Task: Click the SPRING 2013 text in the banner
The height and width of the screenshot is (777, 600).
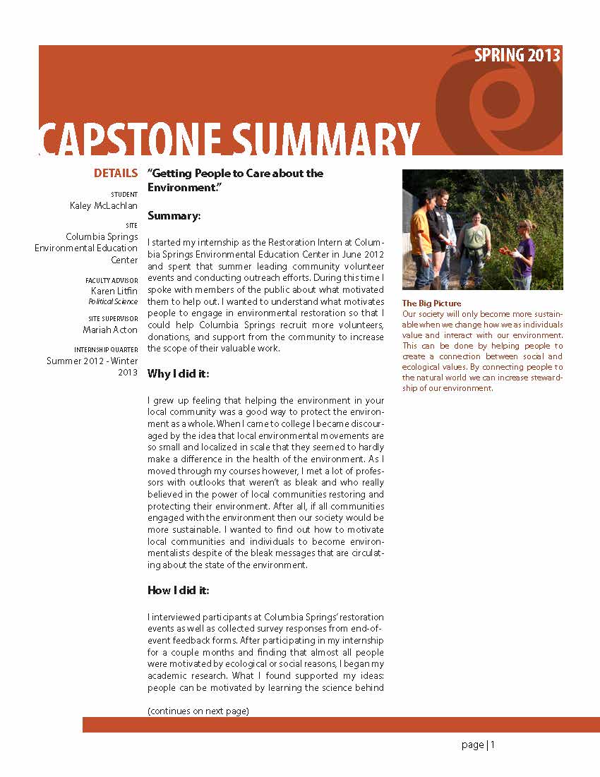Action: [517, 56]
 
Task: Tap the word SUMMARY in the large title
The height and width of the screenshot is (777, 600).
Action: [325, 139]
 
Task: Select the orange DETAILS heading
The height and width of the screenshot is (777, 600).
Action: [116, 174]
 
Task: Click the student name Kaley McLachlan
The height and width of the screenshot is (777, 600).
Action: [103, 205]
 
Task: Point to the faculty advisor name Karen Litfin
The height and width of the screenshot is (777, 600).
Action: [114, 291]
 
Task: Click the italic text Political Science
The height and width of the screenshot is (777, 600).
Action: [113, 301]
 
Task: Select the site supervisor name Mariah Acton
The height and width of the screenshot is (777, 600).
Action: [111, 329]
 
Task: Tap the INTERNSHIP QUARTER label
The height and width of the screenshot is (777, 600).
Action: [106, 350]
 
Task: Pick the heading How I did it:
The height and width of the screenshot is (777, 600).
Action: [179, 590]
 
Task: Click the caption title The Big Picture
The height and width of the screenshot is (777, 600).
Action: [431, 303]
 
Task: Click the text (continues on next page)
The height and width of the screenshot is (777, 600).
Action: [198, 711]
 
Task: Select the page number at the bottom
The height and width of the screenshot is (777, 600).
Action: [479, 745]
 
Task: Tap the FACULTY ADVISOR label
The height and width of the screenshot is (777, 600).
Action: [112, 280]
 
